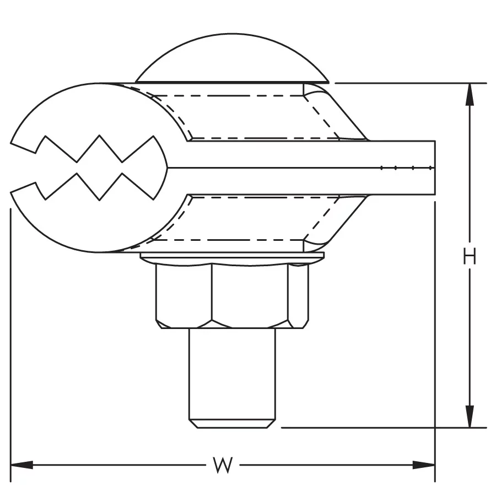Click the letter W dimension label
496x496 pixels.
[x=223, y=465]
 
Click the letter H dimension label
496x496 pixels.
[x=470, y=256]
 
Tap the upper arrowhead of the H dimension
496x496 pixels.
[x=470, y=94]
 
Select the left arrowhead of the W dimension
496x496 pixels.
[x=22, y=465]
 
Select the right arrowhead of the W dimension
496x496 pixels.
[x=424, y=465]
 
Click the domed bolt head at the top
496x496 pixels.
[x=232, y=58]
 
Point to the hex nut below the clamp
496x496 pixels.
[x=232, y=296]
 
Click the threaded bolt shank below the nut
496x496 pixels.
[x=232, y=374]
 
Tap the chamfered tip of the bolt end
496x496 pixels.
[x=232, y=424]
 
